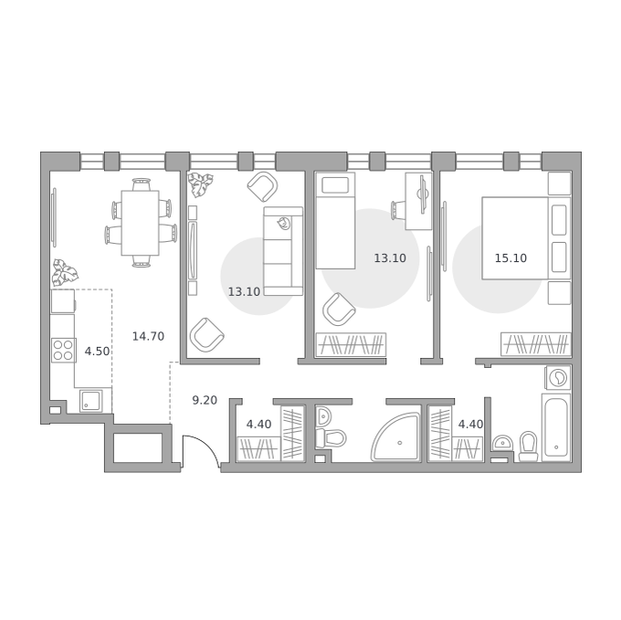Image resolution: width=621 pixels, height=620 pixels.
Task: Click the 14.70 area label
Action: (148, 336)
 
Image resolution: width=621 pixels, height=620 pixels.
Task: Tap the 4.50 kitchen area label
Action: (97, 352)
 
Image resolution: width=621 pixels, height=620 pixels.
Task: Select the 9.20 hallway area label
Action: (205, 400)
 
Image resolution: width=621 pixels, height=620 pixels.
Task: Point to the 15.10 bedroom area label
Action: (510, 258)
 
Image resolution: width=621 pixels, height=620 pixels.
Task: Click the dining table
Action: (141, 223)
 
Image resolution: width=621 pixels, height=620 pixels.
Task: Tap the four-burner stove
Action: (63, 351)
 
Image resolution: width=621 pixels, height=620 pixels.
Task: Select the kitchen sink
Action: (91, 401)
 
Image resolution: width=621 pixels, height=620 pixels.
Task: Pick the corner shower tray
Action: (395, 436)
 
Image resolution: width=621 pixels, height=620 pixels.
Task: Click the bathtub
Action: (556, 427)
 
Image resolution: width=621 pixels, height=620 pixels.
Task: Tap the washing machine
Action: (558, 378)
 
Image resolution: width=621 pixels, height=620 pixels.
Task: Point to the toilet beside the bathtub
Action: (529, 447)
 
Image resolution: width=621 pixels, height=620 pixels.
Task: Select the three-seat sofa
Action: (283, 251)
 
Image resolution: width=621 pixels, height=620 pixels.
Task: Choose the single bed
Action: (335, 221)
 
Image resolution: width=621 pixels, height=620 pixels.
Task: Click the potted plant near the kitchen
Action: (64, 272)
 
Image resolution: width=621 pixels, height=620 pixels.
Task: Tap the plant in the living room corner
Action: (200, 184)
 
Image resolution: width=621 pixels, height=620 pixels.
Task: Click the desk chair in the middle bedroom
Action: (398, 210)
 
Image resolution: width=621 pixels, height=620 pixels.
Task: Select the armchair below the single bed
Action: (339, 310)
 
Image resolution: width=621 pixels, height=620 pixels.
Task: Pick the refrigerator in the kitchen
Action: (63, 301)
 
